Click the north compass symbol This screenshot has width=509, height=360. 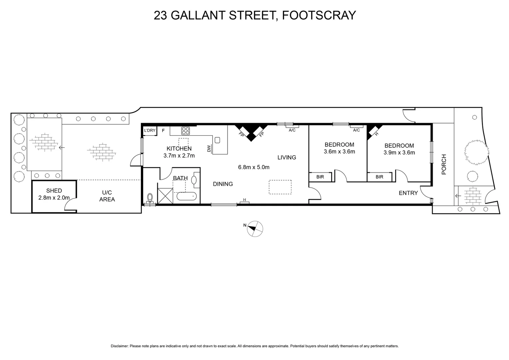point(255,229)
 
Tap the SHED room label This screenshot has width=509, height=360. point(54,191)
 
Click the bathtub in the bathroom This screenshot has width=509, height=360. point(187,196)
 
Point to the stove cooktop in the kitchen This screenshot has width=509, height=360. point(186,130)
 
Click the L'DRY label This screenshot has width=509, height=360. point(150,130)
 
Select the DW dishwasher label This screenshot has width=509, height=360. point(209,149)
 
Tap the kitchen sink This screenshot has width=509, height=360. point(218,140)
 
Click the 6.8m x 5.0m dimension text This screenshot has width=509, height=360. point(254,167)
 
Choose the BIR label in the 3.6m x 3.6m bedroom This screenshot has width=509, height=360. point(320,177)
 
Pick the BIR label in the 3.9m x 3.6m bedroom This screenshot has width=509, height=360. point(379,177)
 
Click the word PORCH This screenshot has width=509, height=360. point(444,164)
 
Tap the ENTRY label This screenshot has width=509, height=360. point(408,193)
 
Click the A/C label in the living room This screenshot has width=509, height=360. point(292,130)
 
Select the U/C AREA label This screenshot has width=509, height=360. point(107,196)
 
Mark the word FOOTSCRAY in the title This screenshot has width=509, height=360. point(319,15)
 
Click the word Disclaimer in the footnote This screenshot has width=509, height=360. point(119,346)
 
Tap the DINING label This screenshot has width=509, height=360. point(223,184)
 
